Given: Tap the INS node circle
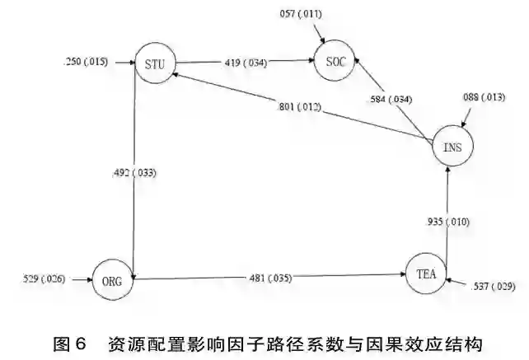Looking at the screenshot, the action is click(452, 147).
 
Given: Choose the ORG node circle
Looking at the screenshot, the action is click(111, 279).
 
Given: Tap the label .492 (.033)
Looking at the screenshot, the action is click(133, 173).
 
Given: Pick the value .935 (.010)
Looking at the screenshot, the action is click(449, 222).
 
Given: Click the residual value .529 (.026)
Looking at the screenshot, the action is click(42, 278).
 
